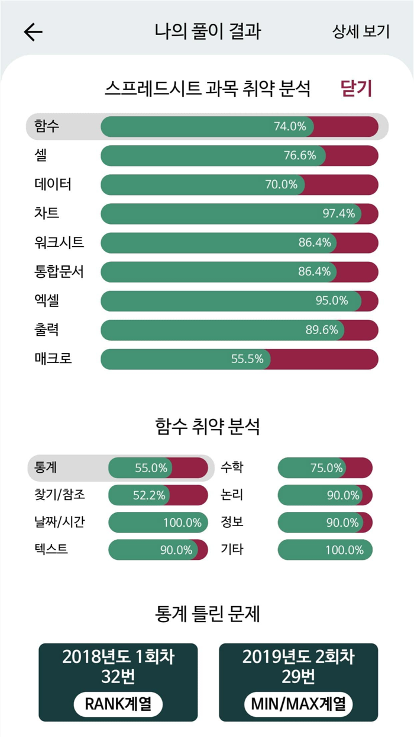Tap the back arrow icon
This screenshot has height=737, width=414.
coord(33,32)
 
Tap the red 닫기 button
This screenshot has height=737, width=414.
coord(356,89)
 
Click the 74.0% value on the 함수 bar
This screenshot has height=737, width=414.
coord(290,126)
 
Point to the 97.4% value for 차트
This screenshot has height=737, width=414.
coord(338,213)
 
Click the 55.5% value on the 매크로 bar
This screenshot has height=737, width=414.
coord(247,359)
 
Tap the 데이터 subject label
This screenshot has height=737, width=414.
coord(53,184)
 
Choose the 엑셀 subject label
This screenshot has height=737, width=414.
coord(47,300)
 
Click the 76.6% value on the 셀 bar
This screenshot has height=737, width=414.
coord(300,155)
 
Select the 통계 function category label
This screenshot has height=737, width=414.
coord(46,467)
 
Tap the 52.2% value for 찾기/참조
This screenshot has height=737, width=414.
coord(149,495)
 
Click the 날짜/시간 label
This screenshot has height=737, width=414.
coord(59,523)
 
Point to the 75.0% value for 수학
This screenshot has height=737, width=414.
coord(326,468)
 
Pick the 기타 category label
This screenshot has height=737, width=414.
coord(232,550)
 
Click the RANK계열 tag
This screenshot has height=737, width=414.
coord(118,704)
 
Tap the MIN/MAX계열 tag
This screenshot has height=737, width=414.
coord(299,704)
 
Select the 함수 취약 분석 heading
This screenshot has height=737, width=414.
coord(207,426)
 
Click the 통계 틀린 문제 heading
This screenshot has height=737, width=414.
coord(207,614)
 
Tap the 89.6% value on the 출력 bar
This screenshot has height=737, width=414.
coord(322,330)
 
